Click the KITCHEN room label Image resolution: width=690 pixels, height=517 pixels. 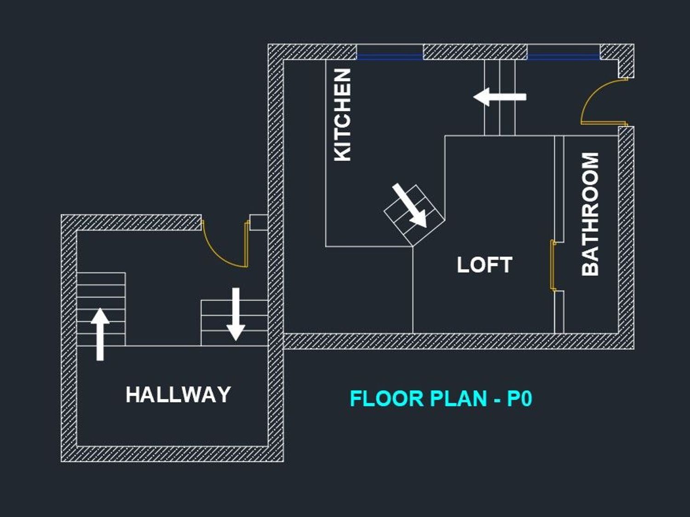[x=342, y=115]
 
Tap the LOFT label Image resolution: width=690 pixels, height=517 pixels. [x=484, y=265]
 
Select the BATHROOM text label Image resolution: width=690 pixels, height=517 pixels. [x=590, y=214]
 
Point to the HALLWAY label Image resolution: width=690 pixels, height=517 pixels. [x=178, y=395]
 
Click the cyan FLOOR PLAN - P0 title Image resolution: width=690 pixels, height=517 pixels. [x=441, y=398]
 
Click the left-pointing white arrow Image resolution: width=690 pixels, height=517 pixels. [x=500, y=97]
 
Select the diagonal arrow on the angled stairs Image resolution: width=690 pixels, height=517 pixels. [x=409, y=206]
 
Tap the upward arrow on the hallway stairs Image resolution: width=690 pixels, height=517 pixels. [x=100, y=334]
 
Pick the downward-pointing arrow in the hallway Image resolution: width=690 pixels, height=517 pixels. [x=236, y=314]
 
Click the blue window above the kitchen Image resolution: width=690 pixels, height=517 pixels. [x=390, y=57]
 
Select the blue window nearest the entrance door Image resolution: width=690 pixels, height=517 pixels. [x=563, y=57]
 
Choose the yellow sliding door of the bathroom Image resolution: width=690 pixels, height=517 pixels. [x=552, y=265]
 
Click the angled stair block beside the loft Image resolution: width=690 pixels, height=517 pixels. [x=414, y=215]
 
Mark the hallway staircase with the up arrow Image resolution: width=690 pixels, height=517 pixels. [x=101, y=309]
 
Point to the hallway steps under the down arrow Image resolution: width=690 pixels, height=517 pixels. [x=234, y=323]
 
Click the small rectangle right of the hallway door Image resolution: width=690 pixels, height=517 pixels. [x=259, y=223]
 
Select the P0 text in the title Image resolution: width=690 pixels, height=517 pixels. [x=520, y=398]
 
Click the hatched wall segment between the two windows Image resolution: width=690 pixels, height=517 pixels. [x=475, y=52]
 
